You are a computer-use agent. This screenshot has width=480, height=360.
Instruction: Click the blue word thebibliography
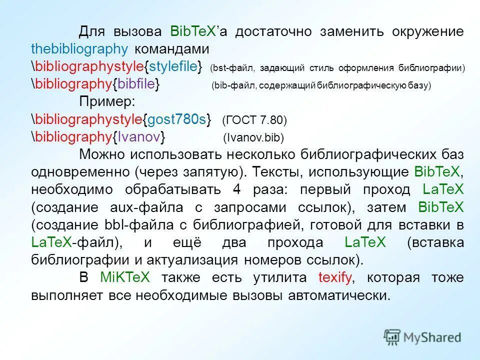pos(79,49)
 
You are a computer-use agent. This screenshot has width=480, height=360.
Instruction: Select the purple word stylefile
pos(173,66)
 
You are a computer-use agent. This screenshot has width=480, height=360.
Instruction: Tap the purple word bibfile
pos(136,84)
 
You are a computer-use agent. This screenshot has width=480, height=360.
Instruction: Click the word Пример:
pos(107,101)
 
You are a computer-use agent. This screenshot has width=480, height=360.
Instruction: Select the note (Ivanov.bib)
pos(253,137)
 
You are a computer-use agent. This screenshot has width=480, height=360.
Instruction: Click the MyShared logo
pos(422,336)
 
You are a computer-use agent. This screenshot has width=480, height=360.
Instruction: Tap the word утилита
pos(274,277)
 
